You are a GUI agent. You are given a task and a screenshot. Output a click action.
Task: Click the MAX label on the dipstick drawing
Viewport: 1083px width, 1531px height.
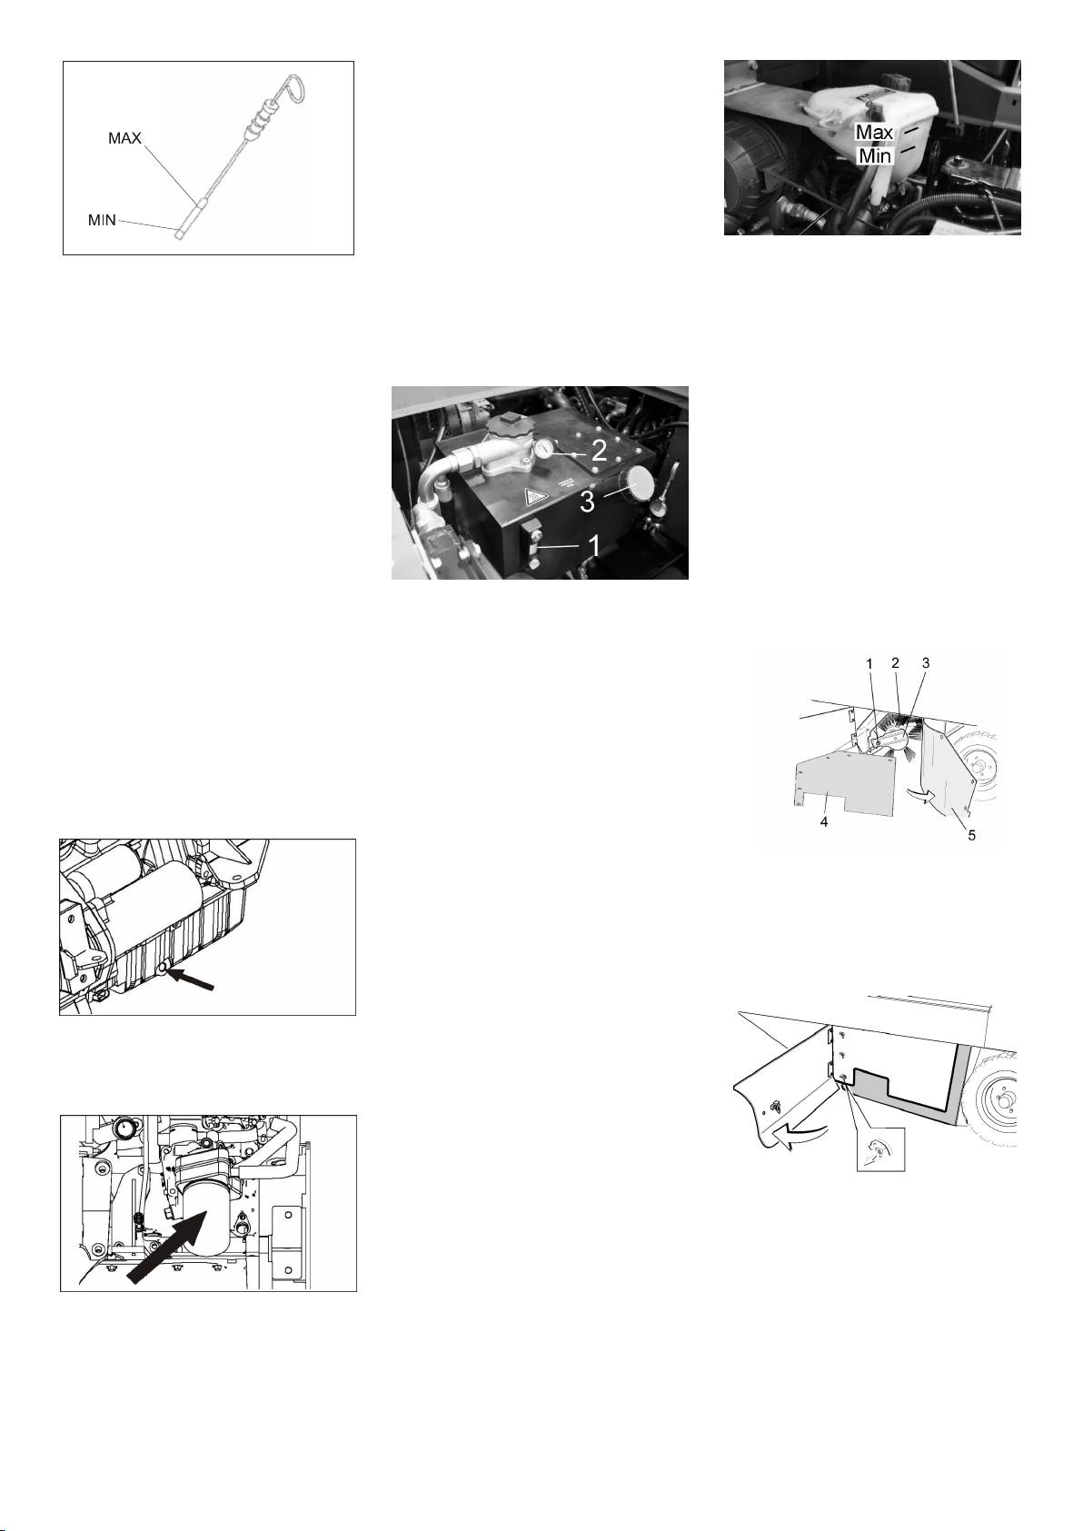click(124, 138)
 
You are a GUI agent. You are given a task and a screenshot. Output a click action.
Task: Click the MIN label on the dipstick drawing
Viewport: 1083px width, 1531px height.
click(102, 220)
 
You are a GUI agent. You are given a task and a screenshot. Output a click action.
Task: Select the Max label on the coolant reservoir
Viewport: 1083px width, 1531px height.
click(874, 132)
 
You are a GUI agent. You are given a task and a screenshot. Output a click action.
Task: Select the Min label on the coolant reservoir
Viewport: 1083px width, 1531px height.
click(875, 156)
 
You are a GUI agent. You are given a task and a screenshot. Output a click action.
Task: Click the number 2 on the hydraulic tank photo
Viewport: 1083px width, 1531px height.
click(598, 450)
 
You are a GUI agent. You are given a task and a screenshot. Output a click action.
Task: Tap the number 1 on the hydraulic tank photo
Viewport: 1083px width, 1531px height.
click(594, 545)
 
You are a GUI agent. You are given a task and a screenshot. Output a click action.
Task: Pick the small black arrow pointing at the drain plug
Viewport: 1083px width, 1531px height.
click(192, 978)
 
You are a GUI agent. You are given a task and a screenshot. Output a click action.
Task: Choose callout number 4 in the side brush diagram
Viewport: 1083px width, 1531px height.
click(824, 822)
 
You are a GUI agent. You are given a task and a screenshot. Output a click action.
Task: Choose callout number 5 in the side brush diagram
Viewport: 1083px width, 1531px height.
click(971, 835)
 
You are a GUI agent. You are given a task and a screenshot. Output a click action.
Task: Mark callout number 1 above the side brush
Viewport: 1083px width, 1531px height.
click(869, 663)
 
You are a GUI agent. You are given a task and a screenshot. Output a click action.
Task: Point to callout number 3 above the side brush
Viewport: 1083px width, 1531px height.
click(926, 663)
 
